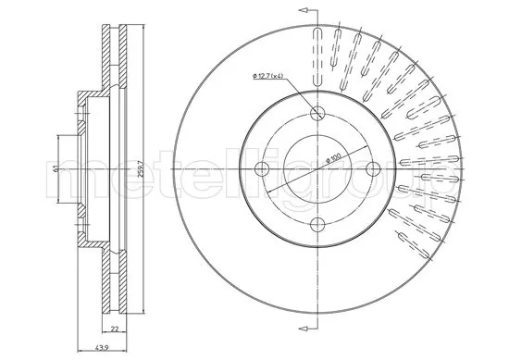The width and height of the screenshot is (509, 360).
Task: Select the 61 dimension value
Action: point(57,168)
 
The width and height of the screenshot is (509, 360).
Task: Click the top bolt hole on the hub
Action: point(317,115)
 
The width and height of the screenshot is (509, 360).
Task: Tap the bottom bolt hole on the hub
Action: point(317,222)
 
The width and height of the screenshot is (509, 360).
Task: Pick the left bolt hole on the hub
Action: point(263,168)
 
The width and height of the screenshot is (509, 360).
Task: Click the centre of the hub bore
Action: point(317,168)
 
